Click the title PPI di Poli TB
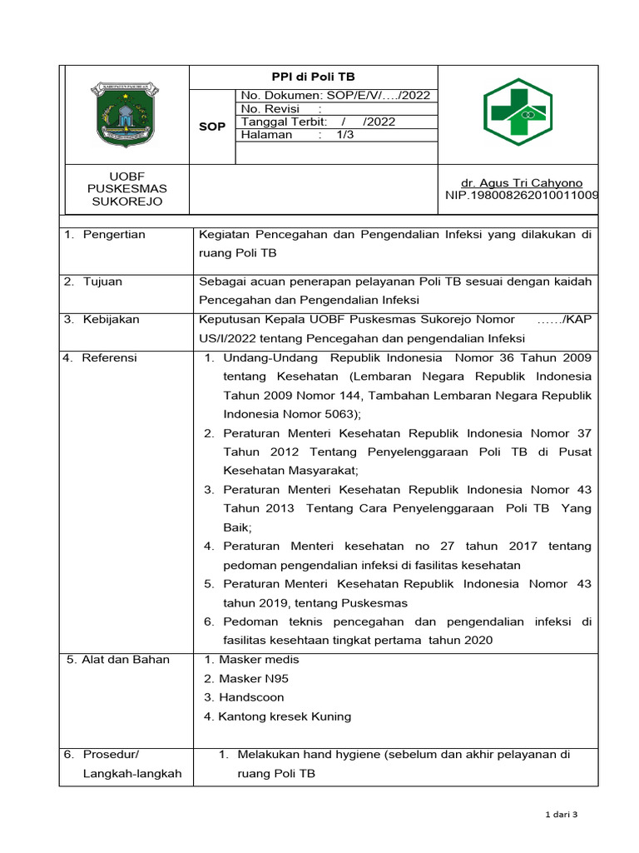(x=314, y=77)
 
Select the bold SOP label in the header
(x=212, y=127)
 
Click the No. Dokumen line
(x=334, y=96)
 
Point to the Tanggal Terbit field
(x=318, y=122)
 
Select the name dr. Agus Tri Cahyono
(x=522, y=182)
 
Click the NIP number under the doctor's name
(x=522, y=195)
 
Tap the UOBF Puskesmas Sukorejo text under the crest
(x=127, y=189)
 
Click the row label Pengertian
(x=113, y=234)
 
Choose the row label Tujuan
(x=102, y=282)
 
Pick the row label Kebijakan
(x=110, y=319)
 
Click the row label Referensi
(x=109, y=357)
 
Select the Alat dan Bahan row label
(x=118, y=660)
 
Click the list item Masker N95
(x=246, y=678)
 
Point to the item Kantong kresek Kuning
(x=277, y=716)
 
